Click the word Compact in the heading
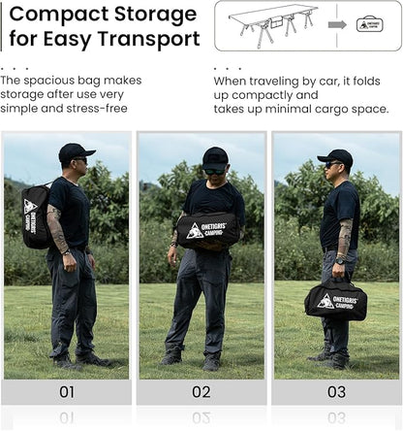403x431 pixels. point(59,15)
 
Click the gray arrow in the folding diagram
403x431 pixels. point(337,25)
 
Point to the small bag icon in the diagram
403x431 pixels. point(370,24)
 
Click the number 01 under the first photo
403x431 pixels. point(67,391)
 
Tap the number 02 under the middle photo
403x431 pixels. point(201,391)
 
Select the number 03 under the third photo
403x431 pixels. point(336,391)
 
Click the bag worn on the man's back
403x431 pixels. point(36,216)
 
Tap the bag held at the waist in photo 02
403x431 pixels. point(208,230)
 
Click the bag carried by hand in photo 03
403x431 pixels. point(335,300)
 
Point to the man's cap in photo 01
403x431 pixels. point(76,151)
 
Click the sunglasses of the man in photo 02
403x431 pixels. point(214,171)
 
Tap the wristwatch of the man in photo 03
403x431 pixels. point(340,260)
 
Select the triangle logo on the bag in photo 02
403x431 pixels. point(195,231)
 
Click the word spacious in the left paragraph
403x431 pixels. point(50,81)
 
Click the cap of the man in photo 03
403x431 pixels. point(335,155)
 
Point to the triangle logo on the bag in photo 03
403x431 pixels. point(325,302)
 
